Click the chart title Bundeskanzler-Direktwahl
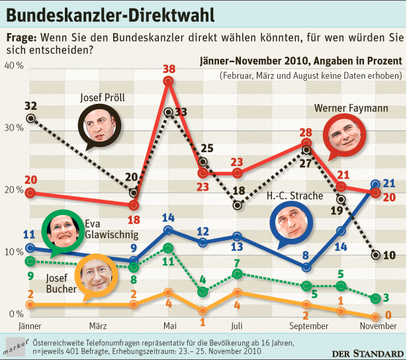coord(111,15)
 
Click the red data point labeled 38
coord(168,81)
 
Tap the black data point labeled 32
coord(31,118)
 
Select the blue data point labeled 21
coord(375,184)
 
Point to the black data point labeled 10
coord(376,255)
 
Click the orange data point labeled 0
coord(375,317)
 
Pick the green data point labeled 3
coord(375,298)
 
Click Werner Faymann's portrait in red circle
coord(344,136)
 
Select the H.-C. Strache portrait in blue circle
coord(291,223)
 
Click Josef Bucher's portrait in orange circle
coord(96,276)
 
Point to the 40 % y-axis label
coord(14,66)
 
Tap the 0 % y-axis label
coord(16,314)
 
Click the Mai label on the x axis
coord(170,326)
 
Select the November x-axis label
coord(378,326)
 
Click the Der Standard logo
coord(368,353)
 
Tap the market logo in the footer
coord(16,347)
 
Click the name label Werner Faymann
coord(351,108)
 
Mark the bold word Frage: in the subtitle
coord(22,38)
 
